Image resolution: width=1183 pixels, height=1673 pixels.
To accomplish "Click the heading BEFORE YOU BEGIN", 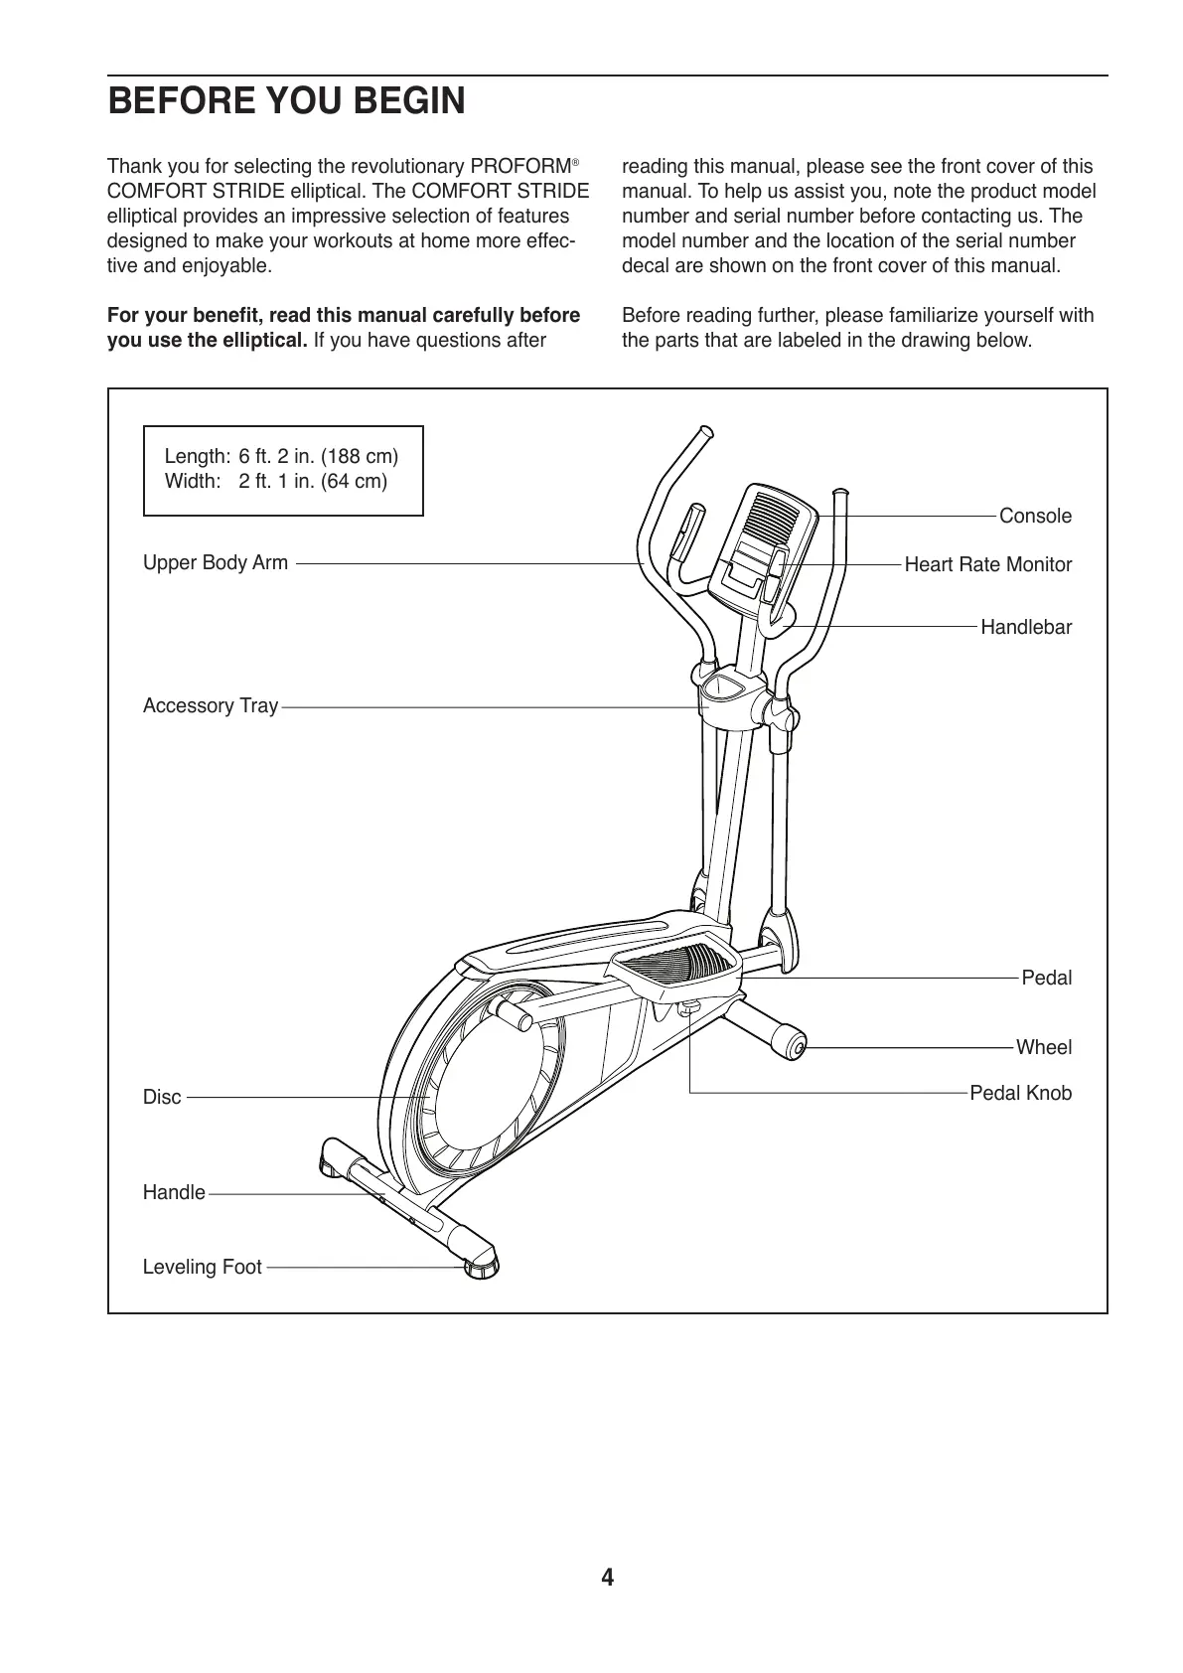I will pyautogui.click(x=286, y=101).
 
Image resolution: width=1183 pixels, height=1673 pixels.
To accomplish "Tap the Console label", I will pyautogui.click(x=1035, y=516).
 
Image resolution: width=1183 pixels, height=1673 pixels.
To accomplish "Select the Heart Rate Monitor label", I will pyautogui.click(x=987, y=564).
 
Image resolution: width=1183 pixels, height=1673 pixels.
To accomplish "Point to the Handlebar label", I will pyautogui.click(x=1026, y=627).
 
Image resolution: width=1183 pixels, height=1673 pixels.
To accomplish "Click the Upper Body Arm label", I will pyautogui.click(x=216, y=562).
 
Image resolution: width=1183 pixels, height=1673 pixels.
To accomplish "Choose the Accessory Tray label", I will pyautogui.click(x=211, y=705).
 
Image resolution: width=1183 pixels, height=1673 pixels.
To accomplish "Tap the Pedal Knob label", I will pyautogui.click(x=1020, y=1093).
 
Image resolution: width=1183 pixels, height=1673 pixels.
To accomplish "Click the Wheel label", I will pyautogui.click(x=1044, y=1047).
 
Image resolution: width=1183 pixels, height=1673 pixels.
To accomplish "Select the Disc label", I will pyautogui.click(x=162, y=1097).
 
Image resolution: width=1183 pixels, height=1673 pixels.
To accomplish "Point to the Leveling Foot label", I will pyautogui.click(x=203, y=1267).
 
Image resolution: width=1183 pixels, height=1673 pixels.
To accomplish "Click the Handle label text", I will pyautogui.click(x=174, y=1192).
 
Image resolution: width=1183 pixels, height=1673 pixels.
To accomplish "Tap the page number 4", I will pyautogui.click(x=607, y=1578).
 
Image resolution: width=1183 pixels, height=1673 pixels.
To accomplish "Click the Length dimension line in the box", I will pyautogui.click(x=281, y=456).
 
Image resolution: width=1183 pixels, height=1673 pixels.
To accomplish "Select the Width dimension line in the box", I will pyautogui.click(x=275, y=481).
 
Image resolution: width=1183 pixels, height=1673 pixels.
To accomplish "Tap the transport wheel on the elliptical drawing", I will pyautogui.click(x=794, y=1045).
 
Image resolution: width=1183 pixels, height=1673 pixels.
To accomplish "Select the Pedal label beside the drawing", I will pyautogui.click(x=1047, y=978).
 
